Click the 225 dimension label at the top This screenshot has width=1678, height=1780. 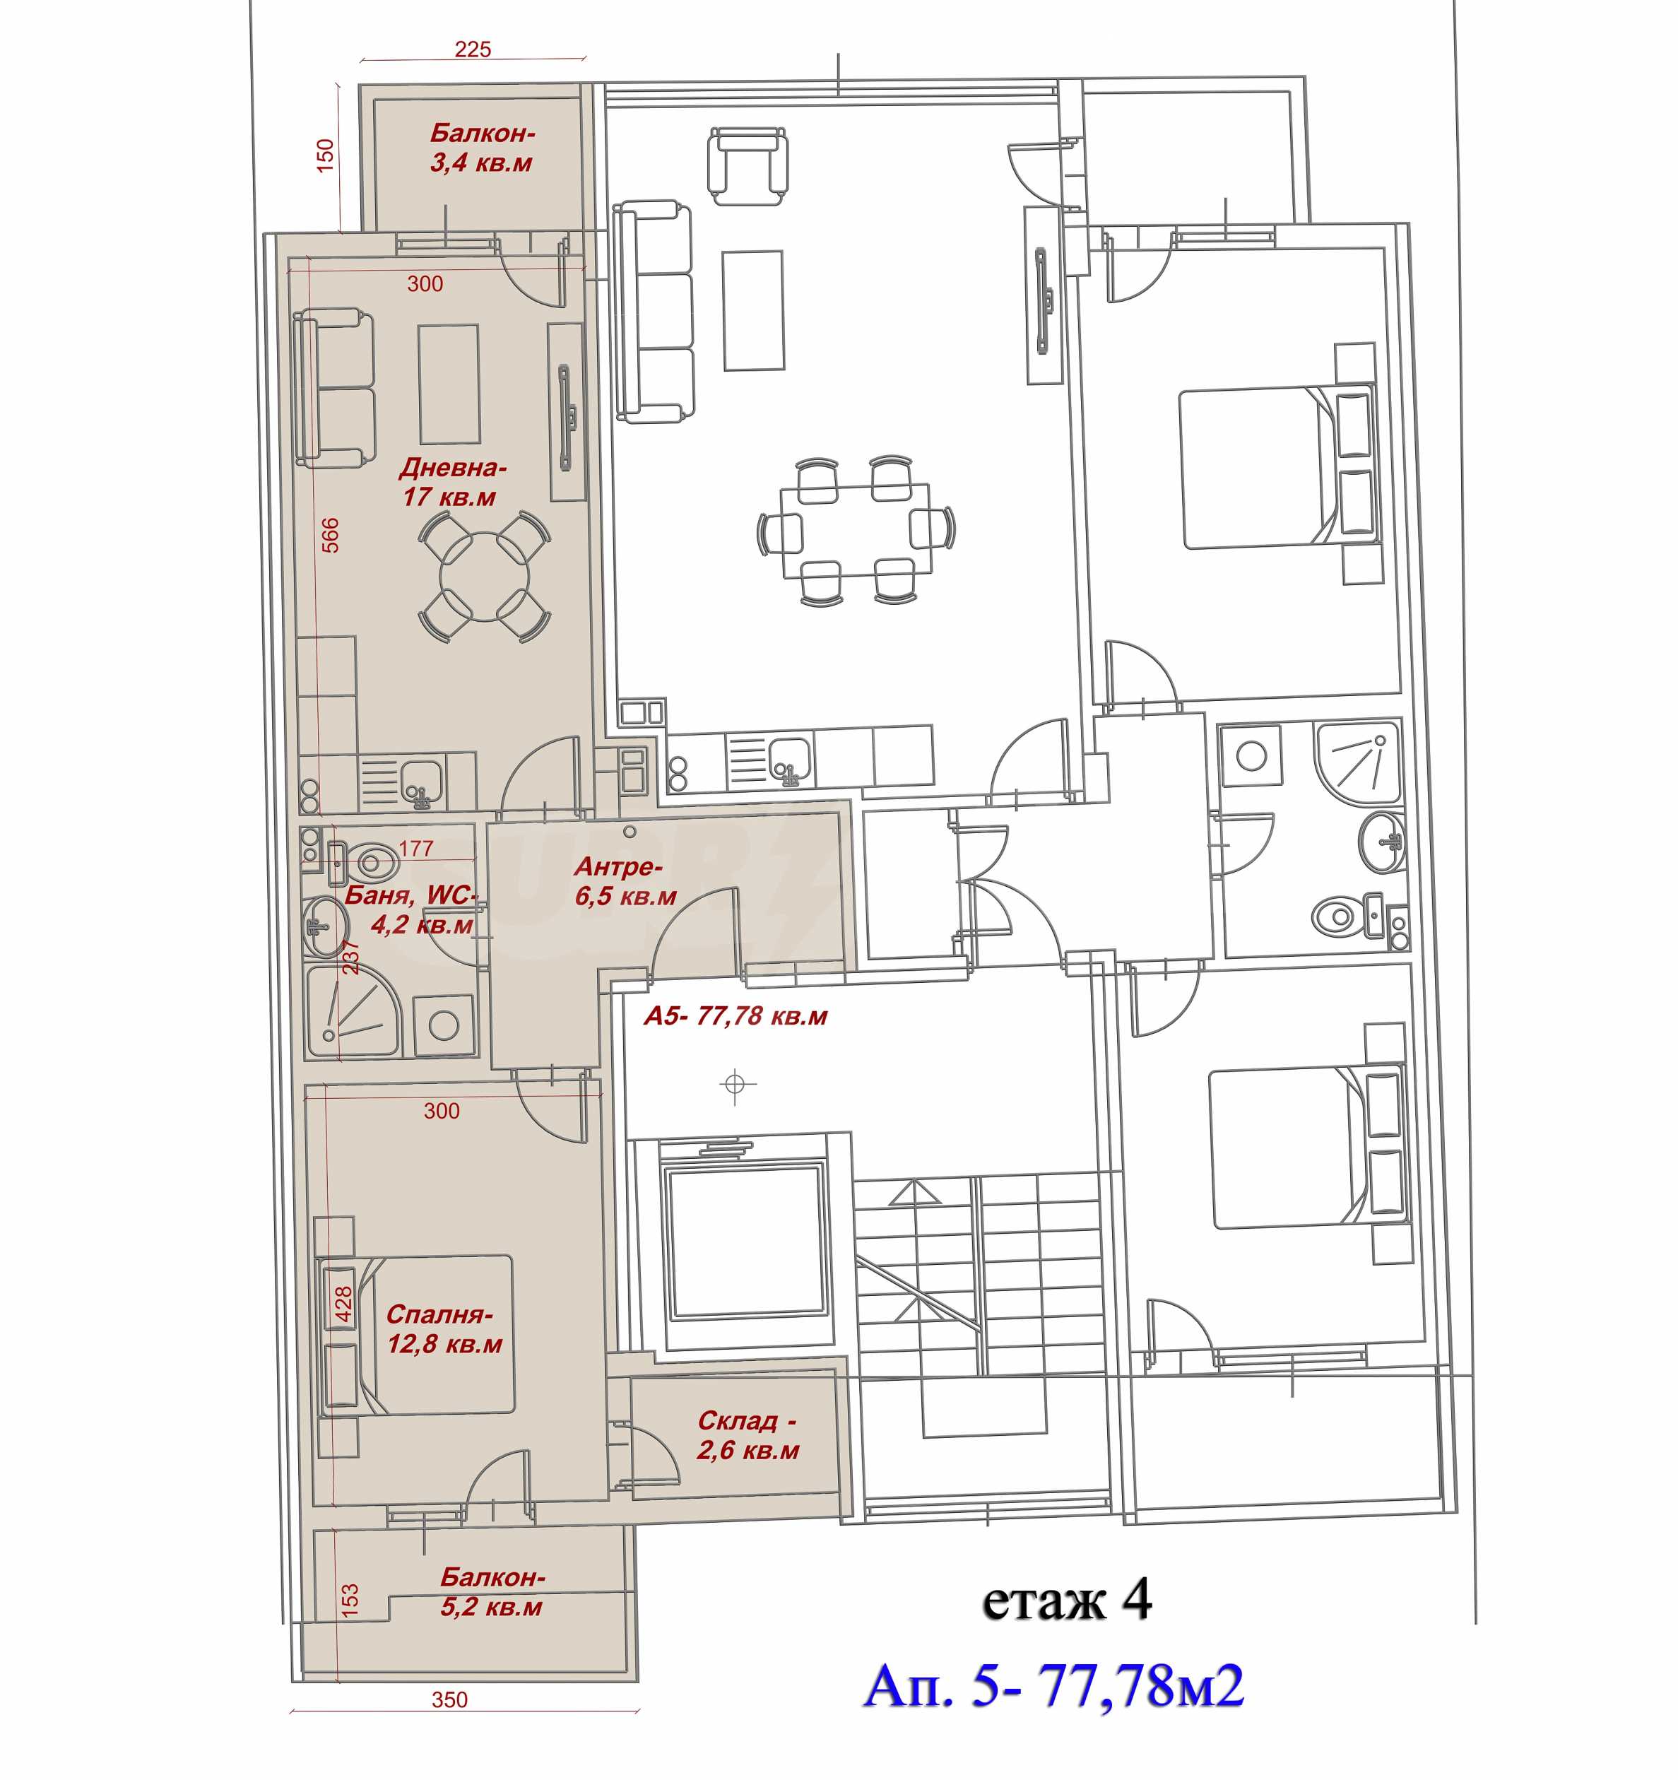point(472,49)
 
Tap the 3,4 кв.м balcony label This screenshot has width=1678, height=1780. point(482,148)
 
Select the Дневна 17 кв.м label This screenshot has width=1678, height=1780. point(452,482)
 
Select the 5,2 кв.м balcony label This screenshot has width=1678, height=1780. point(492,1591)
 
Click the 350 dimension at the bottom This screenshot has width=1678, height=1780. point(449,1699)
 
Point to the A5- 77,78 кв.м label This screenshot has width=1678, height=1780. point(735,1016)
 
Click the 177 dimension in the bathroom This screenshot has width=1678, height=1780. point(415,848)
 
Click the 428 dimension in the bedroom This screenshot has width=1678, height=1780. point(343,1304)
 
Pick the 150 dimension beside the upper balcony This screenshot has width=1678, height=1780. point(325,155)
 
